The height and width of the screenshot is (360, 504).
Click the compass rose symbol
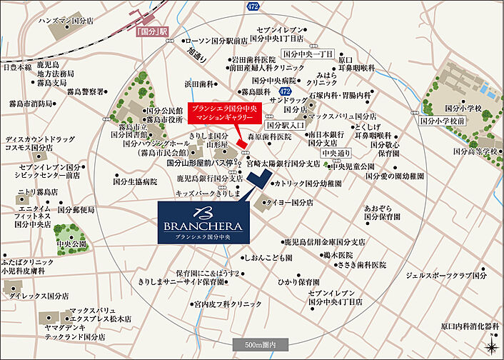tap(491, 346)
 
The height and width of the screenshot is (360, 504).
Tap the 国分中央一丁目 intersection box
tap(308, 54)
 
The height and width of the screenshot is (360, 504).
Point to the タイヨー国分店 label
tap(288, 203)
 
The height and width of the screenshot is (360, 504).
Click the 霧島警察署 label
tap(86, 91)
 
